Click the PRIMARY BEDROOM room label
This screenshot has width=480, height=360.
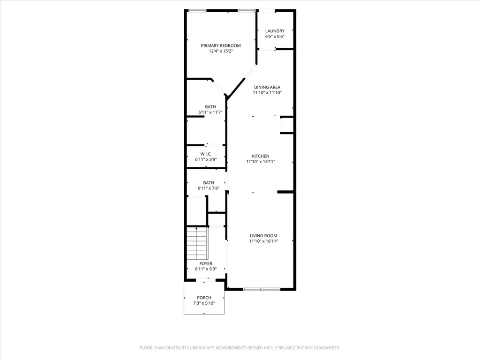click(221, 45)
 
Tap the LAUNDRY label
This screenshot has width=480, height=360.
click(275, 31)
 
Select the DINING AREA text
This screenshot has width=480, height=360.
click(267, 87)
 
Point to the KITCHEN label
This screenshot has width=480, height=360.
click(261, 156)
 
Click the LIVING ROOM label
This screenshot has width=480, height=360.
click(263, 236)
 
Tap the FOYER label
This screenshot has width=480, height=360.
click(206, 263)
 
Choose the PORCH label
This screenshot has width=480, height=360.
click(204, 298)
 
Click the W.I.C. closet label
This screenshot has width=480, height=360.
click(206, 154)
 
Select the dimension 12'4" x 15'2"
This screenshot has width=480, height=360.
click(221, 51)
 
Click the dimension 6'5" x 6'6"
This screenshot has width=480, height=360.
click(275, 37)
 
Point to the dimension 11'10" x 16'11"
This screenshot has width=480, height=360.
click(263, 241)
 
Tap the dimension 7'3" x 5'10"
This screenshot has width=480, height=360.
click(204, 303)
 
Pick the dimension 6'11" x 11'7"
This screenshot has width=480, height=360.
click(210, 112)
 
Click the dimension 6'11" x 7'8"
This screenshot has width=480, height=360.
click(209, 188)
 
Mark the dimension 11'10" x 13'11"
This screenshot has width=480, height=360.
click(261, 162)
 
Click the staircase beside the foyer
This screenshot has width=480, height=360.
click(197, 243)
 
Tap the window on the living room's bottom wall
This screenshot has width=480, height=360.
click(262, 289)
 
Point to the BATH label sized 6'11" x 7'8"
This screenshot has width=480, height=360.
click(209, 183)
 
